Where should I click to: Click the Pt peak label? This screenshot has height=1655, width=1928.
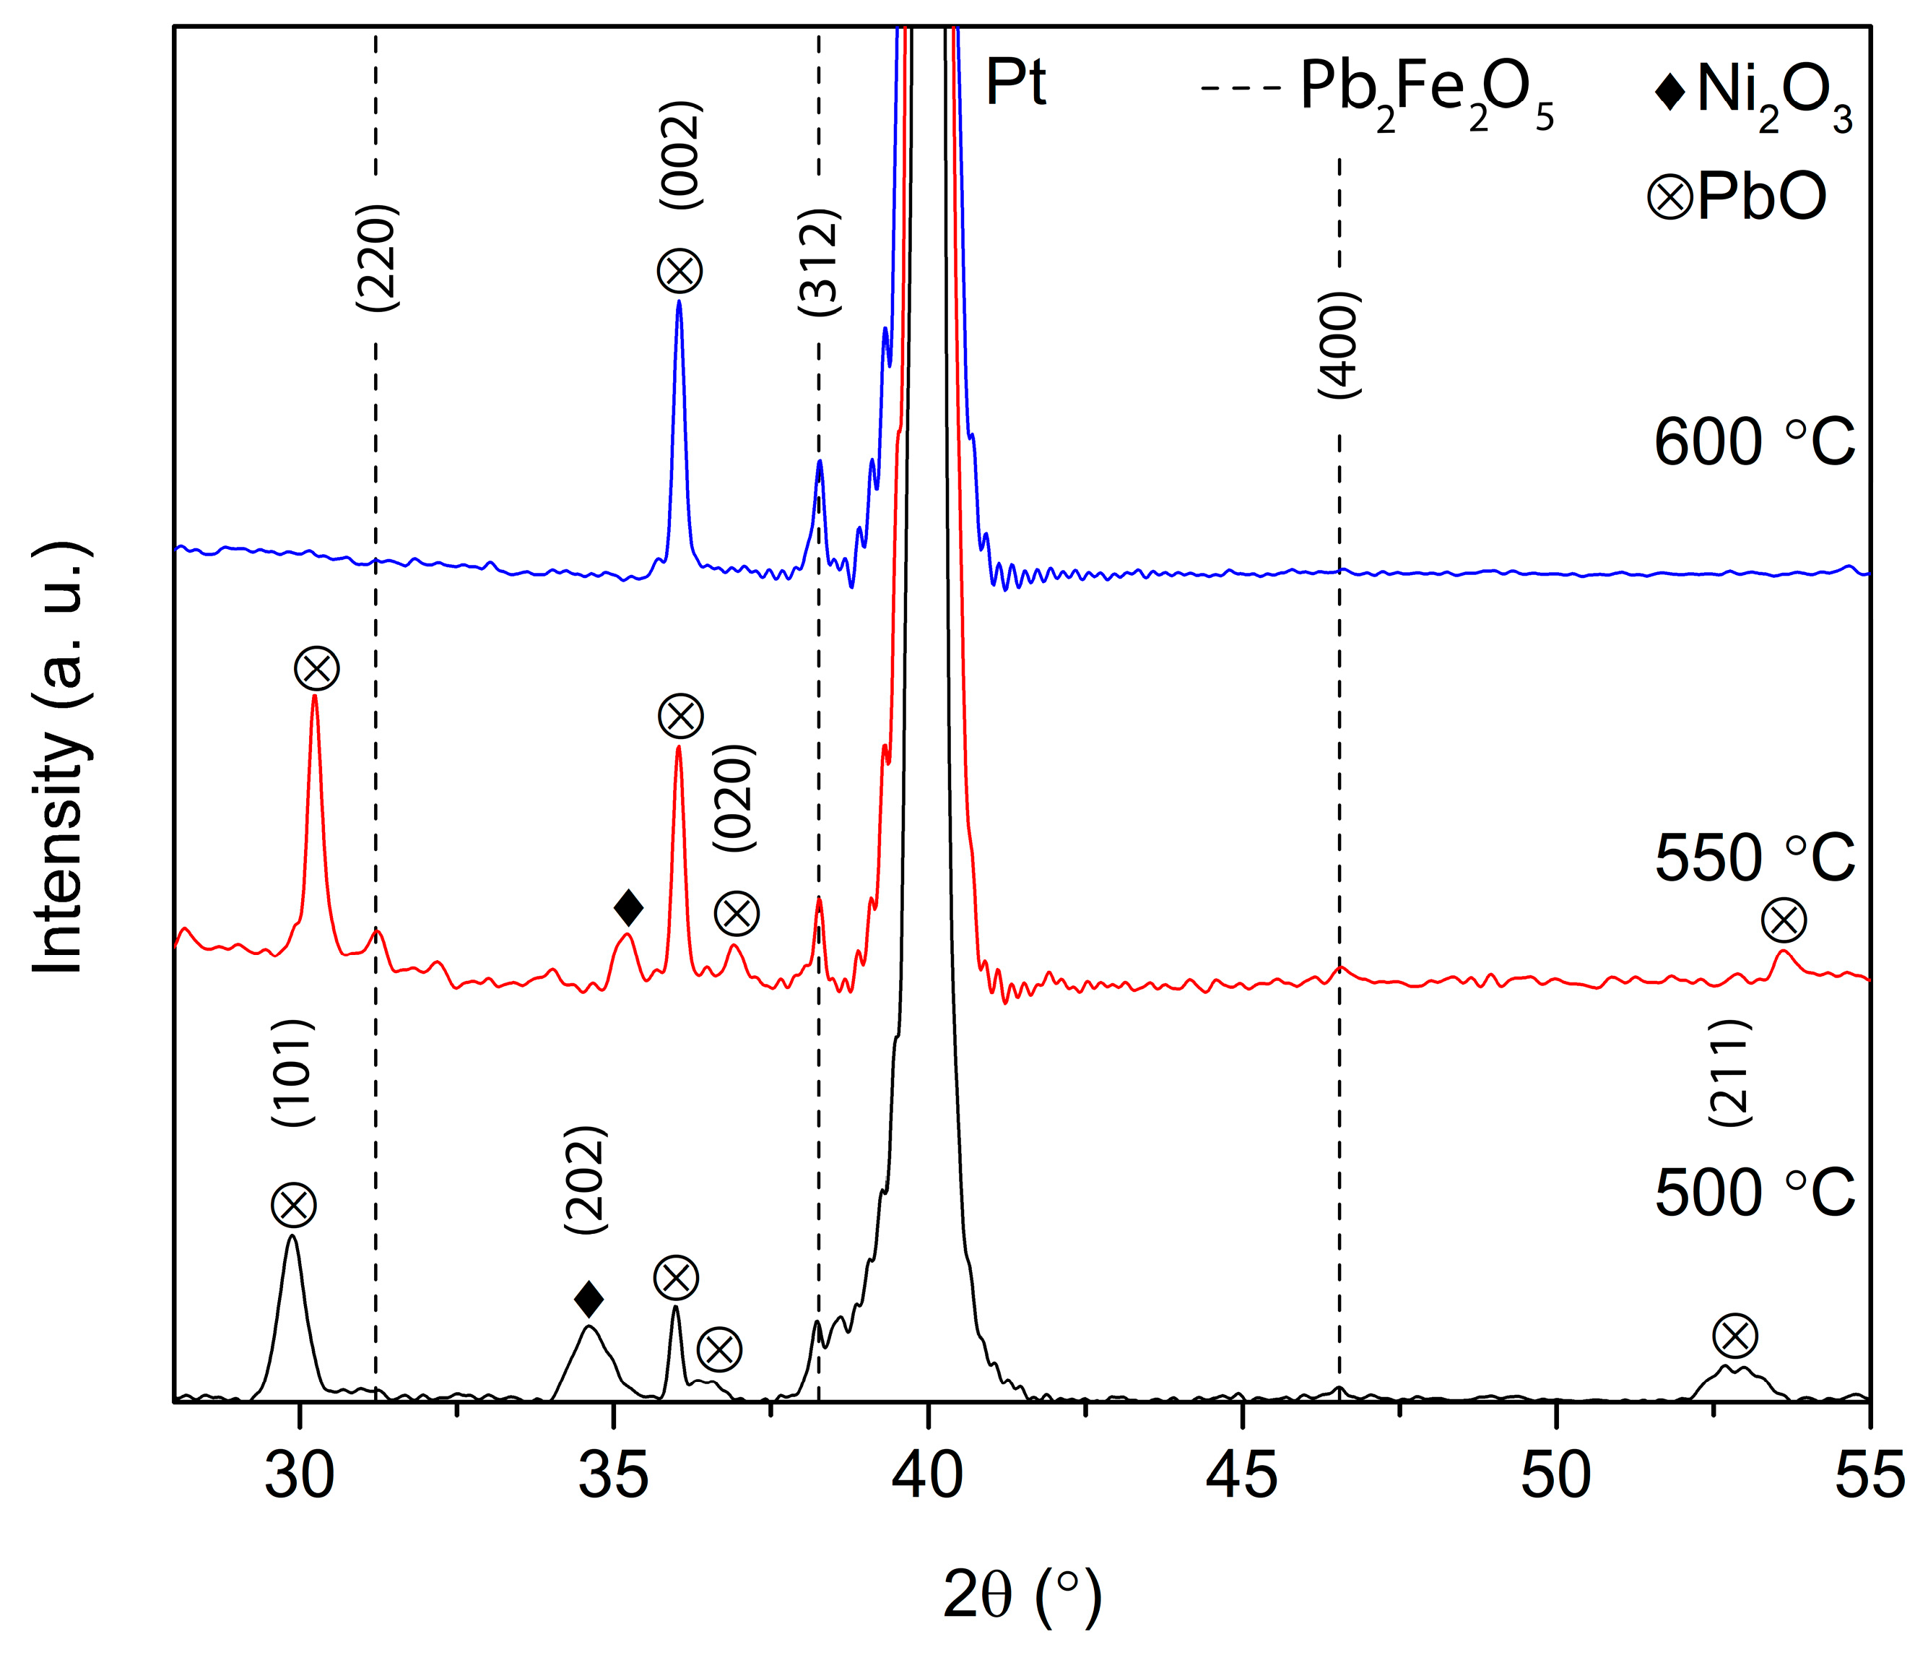click(x=1015, y=83)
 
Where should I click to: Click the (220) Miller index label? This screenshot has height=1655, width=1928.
click(x=377, y=258)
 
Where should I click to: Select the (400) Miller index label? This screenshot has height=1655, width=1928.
click(x=1340, y=345)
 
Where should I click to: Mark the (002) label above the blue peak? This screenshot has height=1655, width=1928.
click(x=680, y=155)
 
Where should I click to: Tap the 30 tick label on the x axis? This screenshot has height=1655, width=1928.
click(x=300, y=1477)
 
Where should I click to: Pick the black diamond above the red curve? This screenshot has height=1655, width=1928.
click(x=629, y=907)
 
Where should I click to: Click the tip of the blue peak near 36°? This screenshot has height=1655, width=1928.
click(x=679, y=301)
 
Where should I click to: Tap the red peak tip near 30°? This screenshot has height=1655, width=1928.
click(x=315, y=696)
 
